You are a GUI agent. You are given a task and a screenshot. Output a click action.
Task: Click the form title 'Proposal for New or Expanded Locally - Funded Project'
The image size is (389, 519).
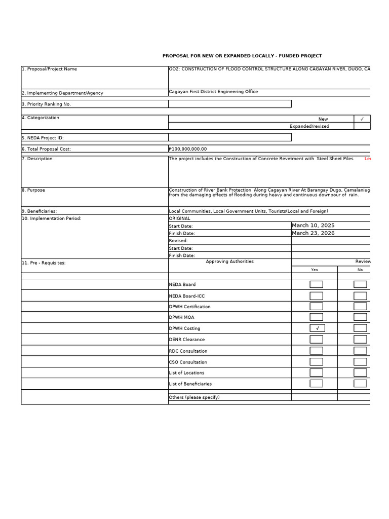[x=242, y=56]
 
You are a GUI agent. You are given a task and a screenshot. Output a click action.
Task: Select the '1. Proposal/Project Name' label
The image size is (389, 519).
[x=49, y=69]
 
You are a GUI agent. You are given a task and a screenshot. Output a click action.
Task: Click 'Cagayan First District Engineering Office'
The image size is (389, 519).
[x=213, y=92]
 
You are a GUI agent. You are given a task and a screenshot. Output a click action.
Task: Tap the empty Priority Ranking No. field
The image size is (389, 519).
[x=230, y=104]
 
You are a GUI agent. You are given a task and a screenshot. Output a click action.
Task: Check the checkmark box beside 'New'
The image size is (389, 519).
[x=362, y=119]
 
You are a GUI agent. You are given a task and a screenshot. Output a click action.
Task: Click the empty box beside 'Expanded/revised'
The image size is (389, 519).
[x=362, y=126]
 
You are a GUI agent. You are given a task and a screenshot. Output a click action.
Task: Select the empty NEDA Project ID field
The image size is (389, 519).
[x=230, y=137]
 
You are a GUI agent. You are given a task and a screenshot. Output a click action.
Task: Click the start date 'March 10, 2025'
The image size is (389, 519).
[x=313, y=225]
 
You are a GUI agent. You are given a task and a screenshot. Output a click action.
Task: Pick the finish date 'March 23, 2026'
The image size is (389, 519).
[x=313, y=233]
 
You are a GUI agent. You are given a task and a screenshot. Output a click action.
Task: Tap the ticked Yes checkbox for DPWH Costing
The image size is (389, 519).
[x=317, y=328]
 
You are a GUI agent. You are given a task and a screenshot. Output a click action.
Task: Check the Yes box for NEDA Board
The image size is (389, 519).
[x=316, y=284]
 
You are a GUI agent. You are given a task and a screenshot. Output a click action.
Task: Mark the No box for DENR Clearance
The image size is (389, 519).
[x=360, y=340]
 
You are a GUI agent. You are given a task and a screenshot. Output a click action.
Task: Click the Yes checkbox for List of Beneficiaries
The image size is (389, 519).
[x=316, y=384]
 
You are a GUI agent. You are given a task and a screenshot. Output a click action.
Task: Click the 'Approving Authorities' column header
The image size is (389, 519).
[x=229, y=262]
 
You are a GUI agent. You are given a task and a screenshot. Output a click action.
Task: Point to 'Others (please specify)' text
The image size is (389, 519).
[x=194, y=397]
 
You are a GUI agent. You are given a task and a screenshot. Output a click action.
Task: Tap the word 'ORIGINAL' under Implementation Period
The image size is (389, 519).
[x=179, y=218]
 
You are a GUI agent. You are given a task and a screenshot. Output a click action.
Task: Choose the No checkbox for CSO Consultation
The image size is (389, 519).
[x=360, y=362]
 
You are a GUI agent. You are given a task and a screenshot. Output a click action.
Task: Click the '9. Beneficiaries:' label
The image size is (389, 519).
[x=39, y=211]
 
